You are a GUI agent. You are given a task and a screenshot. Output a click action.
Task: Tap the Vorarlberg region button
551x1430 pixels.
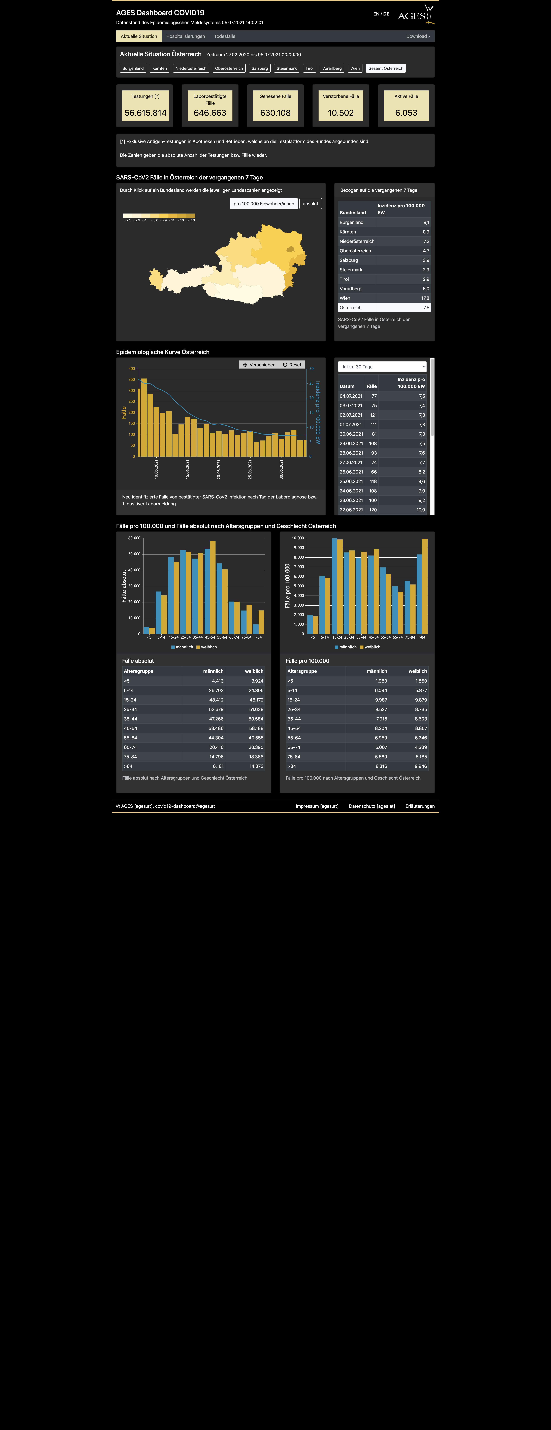pyautogui.click(x=332, y=68)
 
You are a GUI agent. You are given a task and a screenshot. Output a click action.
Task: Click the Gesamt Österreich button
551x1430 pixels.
pyautogui.click(x=386, y=68)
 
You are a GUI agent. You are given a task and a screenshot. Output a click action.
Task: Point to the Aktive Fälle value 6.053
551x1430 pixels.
pyautogui.click(x=406, y=113)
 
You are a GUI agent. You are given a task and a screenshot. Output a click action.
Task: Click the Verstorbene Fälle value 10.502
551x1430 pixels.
pyautogui.click(x=341, y=113)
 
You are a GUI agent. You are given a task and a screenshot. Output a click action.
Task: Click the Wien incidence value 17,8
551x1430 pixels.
pyautogui.click(x=425, y=298)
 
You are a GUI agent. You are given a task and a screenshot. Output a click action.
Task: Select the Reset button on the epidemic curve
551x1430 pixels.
pyautogui.click(x=292, y=365)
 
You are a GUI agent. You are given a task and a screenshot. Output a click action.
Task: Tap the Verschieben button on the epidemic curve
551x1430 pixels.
pyautogui.click(x=259, y=365)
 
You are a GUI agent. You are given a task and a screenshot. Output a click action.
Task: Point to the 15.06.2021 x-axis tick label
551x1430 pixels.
pyautogui.click(x=188, y=469)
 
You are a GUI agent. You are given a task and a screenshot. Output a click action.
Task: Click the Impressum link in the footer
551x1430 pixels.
pyautogui.click(x=317, y=806)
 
